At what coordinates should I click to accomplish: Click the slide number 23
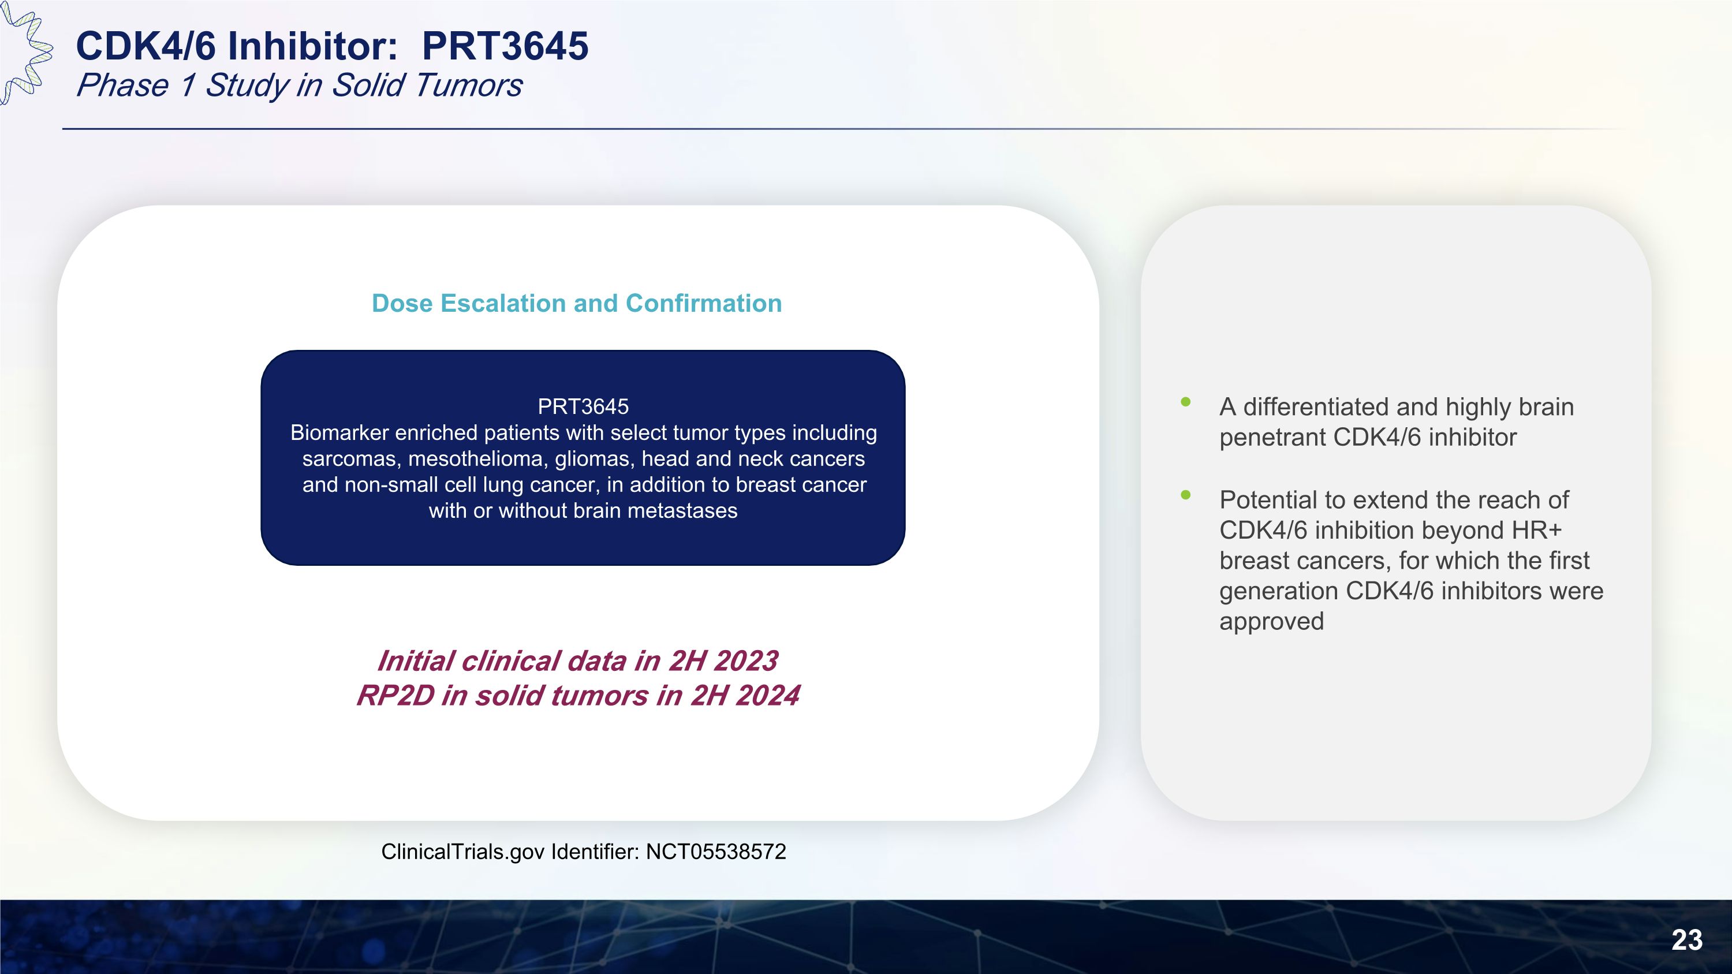pos(1686,940)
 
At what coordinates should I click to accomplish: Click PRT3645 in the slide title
pos(505,46)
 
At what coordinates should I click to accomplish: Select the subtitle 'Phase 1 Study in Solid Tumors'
pos(299,85)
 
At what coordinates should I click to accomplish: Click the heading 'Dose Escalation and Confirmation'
pos(577,303)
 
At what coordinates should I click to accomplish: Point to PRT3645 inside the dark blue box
pos(583,406)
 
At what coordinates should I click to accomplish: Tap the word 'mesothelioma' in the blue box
pos(477,458)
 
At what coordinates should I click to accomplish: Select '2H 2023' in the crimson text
pos(723,660)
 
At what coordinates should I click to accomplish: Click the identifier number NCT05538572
pos(715,852)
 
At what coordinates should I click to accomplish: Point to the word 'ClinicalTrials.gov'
pos(463,852)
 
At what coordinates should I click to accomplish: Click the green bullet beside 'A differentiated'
pos(1185,402)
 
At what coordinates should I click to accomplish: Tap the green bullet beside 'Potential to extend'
pos(1185,495)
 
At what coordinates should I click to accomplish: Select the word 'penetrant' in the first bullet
pos(1273,438)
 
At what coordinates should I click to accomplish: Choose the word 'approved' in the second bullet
pos(1271,621)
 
